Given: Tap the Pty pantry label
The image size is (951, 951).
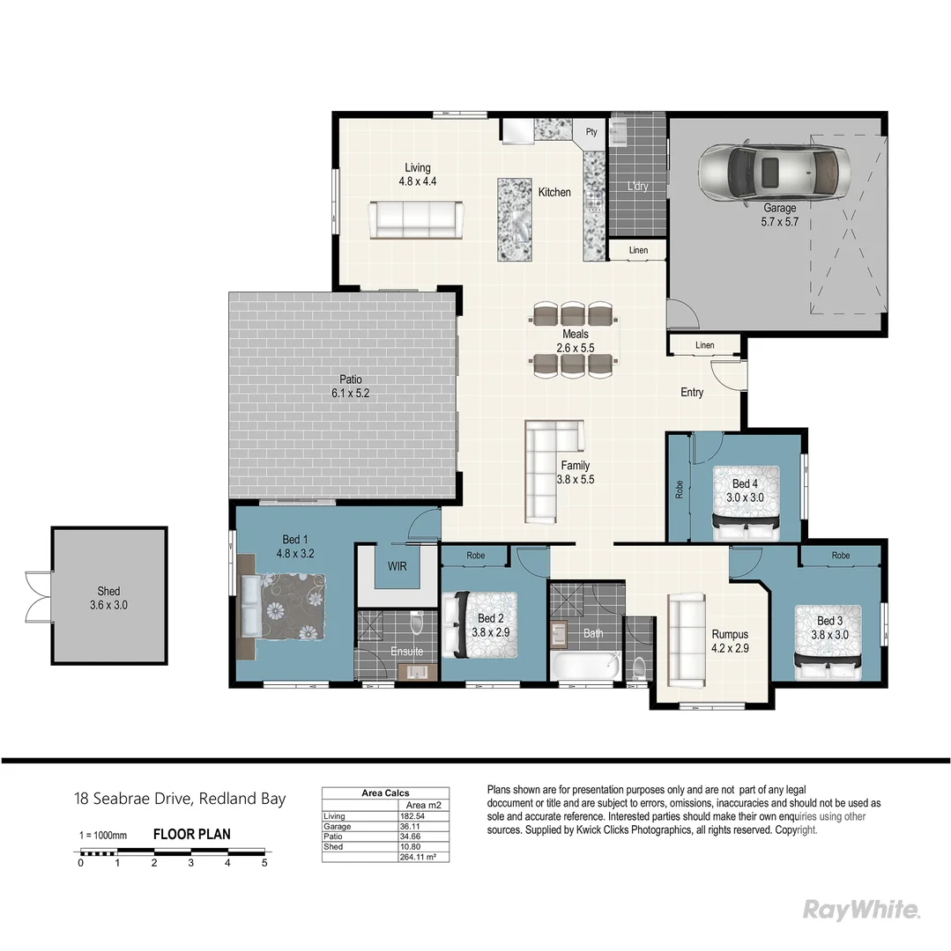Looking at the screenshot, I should (591, 132).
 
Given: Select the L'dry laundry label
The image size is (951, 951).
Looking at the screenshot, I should (637, 188).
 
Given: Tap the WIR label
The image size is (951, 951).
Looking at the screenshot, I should (397, 566).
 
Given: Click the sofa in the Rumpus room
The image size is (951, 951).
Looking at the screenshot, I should (686, 640).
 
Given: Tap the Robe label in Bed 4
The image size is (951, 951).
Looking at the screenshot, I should (679, 490).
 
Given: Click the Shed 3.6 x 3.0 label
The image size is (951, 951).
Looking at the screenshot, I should (108, 598).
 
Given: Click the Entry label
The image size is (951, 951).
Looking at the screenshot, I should (692, 392).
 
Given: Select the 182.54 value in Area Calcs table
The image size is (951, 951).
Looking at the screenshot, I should (413, 816).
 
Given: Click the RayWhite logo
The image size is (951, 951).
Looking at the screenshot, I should (861, 910).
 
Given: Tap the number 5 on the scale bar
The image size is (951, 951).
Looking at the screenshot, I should (264, 863).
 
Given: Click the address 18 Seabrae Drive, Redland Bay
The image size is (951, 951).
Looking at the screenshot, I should (180, 800).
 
